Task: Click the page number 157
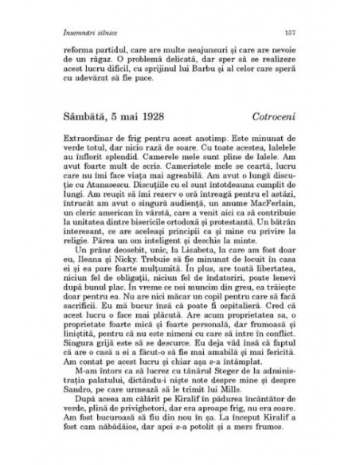[291, 32]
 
